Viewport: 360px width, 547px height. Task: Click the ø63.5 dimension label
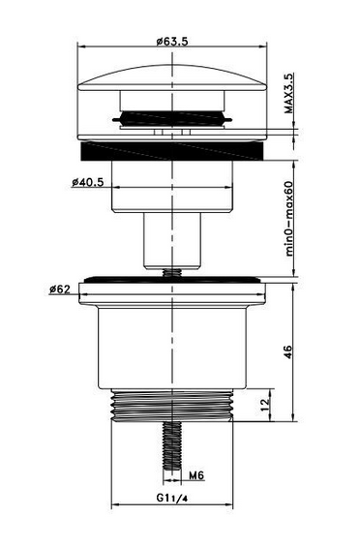[172, 42]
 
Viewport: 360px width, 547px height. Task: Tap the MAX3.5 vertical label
[289, 93]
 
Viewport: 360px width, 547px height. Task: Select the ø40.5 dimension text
[88, 182]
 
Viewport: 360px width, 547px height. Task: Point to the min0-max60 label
[289, 219]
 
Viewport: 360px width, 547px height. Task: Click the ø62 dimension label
[60, 289]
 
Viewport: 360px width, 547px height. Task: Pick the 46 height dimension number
[287, 352]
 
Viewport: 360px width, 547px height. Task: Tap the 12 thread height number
[266, 405]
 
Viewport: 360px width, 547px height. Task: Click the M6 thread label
[196, 475]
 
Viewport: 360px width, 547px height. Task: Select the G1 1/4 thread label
[172, 498]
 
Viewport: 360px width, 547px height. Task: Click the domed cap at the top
[172, 78]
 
